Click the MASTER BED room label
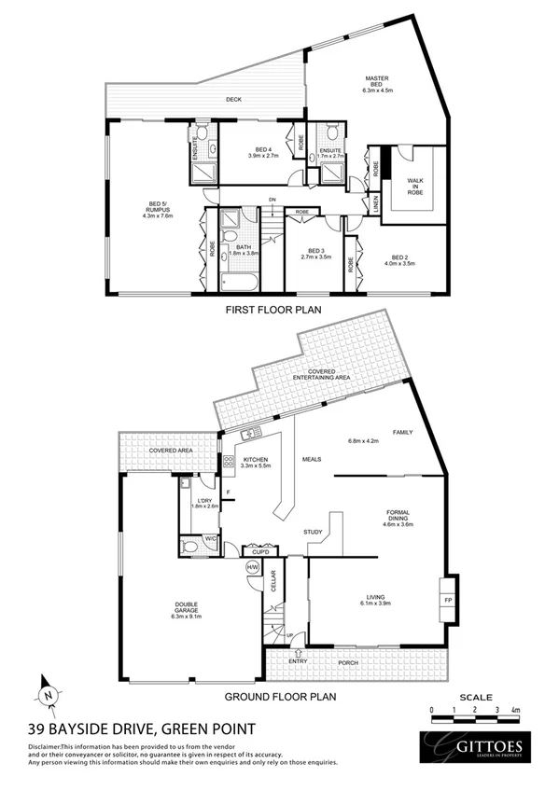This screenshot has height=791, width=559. [379, 86]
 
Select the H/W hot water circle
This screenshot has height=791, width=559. [252, 567]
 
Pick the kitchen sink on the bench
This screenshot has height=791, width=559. [251, 436]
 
